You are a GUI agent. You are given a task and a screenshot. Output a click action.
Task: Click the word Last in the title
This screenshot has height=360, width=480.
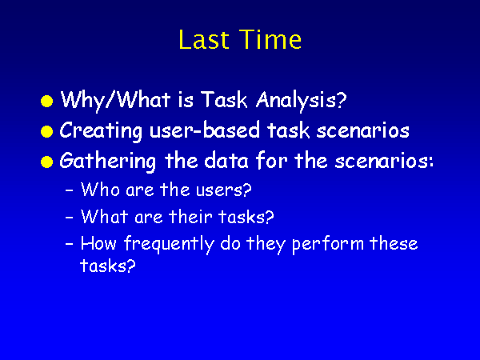(x=204, y=39)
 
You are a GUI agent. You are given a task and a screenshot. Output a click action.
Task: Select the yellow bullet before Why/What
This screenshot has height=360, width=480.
(x=47, y=101)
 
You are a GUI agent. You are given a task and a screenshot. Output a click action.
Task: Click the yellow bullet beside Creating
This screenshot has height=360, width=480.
(x=47, y=131)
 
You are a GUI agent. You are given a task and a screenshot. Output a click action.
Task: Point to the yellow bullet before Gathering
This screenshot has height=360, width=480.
(x=47, y=162)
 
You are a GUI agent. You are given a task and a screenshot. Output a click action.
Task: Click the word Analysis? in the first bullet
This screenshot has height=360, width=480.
(x=302, y=101)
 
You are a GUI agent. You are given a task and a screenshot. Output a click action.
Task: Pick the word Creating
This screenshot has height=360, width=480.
(x=101, y=131)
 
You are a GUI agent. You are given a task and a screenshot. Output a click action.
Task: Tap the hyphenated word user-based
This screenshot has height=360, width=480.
(x=205, y=130)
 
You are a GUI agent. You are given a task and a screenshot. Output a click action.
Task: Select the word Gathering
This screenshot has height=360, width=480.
(x=108, y=162)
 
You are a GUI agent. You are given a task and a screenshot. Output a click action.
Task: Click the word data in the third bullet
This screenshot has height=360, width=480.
(x=226, y=161)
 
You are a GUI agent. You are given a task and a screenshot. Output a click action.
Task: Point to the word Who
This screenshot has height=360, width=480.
(x=100, y=190)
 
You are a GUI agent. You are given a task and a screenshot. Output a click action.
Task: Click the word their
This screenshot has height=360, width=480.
(x=190, y=217)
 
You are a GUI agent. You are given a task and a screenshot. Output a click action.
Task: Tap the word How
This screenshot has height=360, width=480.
(x=98, y=244)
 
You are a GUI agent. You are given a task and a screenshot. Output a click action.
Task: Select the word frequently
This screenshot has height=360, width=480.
(x=169, y=245)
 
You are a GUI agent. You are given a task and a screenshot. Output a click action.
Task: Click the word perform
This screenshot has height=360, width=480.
(x=328, y=245)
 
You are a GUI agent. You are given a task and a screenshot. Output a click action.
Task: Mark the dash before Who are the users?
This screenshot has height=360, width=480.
(x=70, y=190)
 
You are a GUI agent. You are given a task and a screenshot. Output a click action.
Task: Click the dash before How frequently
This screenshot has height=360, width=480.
(x=70, y=244)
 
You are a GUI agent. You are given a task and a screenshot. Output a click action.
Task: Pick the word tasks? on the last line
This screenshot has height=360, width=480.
(x=108, y=266)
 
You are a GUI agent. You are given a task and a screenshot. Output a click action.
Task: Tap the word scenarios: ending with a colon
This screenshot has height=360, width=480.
(x=384, y=161)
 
